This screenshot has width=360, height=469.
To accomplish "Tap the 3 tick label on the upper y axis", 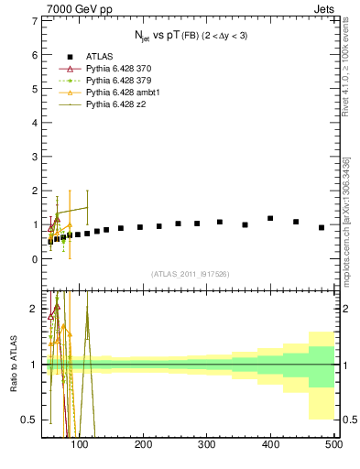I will click(x=34, y=157).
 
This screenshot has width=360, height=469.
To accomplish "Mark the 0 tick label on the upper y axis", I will click(x=34, y=259).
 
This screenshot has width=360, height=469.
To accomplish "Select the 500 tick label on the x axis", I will click(x=333, y=444).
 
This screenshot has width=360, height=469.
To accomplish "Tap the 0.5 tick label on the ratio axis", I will click(x=28, y=420).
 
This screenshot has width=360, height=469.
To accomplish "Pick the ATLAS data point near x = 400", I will click(x=270, y=218).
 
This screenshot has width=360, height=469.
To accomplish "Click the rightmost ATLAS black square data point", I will click(x=322, y=227).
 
